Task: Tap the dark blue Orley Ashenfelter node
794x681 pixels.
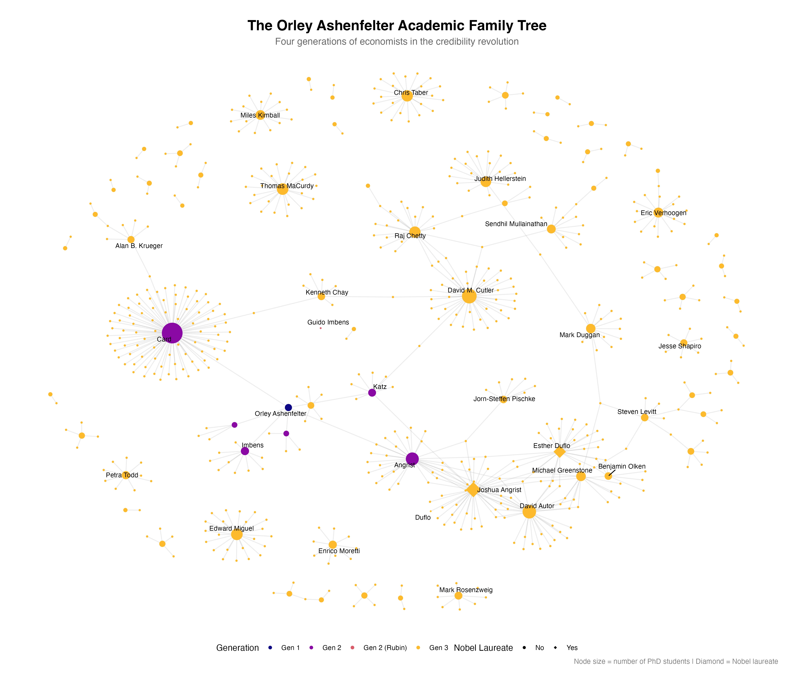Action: click(x=288, y=407)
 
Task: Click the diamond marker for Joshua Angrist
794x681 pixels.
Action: click(x=473, y=490)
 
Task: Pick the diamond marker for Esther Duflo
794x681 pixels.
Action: click(x=559, y=452)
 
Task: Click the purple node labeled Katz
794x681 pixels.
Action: click(x=372, y=393)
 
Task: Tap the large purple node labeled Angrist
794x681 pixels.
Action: click(x=412, y=459)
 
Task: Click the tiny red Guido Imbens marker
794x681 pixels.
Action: click(x=321, y=328)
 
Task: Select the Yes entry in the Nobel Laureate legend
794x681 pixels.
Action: click(x=566, y=648)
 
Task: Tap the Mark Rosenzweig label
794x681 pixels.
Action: click(x=466, y=590)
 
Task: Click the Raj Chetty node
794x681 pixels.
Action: click(x=415, y=232)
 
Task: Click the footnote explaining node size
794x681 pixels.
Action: click(x=676, y=662)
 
